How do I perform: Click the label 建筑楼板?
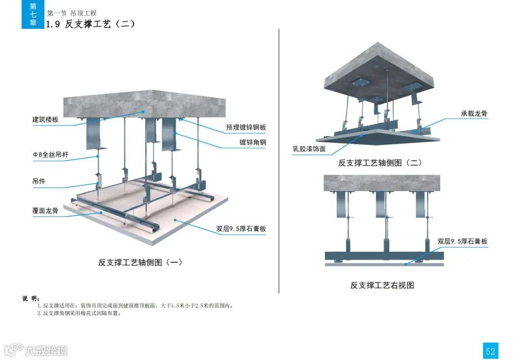[45, 119]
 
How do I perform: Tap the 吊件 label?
[39, 181]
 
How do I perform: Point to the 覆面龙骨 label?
[45, 210]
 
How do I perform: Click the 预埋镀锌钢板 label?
[246, 128]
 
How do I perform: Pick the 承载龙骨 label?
[474, 114]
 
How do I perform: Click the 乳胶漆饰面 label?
[309, 149]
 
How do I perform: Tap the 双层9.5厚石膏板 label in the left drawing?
[241, 229]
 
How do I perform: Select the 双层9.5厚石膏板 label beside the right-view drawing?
[462, 242]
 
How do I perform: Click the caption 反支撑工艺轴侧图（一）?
[140, 262]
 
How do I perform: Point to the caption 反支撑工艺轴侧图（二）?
[380, 163]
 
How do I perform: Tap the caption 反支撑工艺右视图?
[382, 285]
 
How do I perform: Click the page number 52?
[490, 351]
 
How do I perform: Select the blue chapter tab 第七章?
[33, 14]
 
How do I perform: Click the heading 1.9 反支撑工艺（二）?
[91, 24]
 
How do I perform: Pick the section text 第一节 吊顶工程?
[72, 13]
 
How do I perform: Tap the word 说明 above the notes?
[31, 298]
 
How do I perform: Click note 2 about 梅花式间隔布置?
[79, 313]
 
